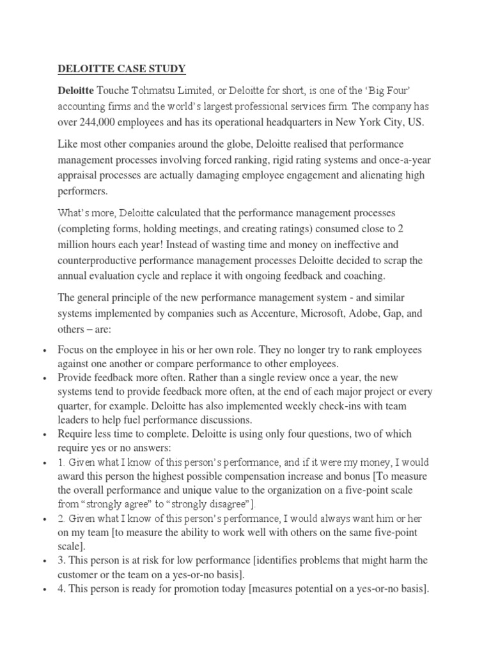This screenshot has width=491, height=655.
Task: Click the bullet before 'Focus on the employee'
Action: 43,351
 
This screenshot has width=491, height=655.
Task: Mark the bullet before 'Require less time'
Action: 43,434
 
